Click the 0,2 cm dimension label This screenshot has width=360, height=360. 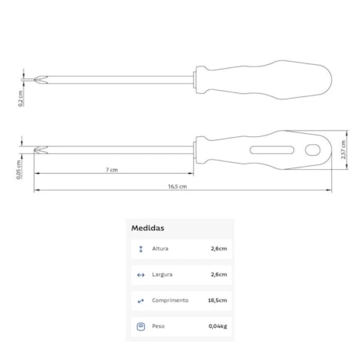pos(20,99)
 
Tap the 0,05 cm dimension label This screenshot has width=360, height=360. pos(19,170)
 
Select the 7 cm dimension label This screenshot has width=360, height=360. pos(112,170)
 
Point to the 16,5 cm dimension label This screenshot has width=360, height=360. pos(178,186)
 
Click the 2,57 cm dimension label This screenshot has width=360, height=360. pos(344,149)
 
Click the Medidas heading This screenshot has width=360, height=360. pos(148,228)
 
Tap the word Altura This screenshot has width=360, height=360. pos(160,249)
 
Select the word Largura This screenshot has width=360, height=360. pos(162,275)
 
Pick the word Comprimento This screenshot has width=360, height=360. pos(170,301)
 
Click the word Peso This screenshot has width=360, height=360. pos(158,326)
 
